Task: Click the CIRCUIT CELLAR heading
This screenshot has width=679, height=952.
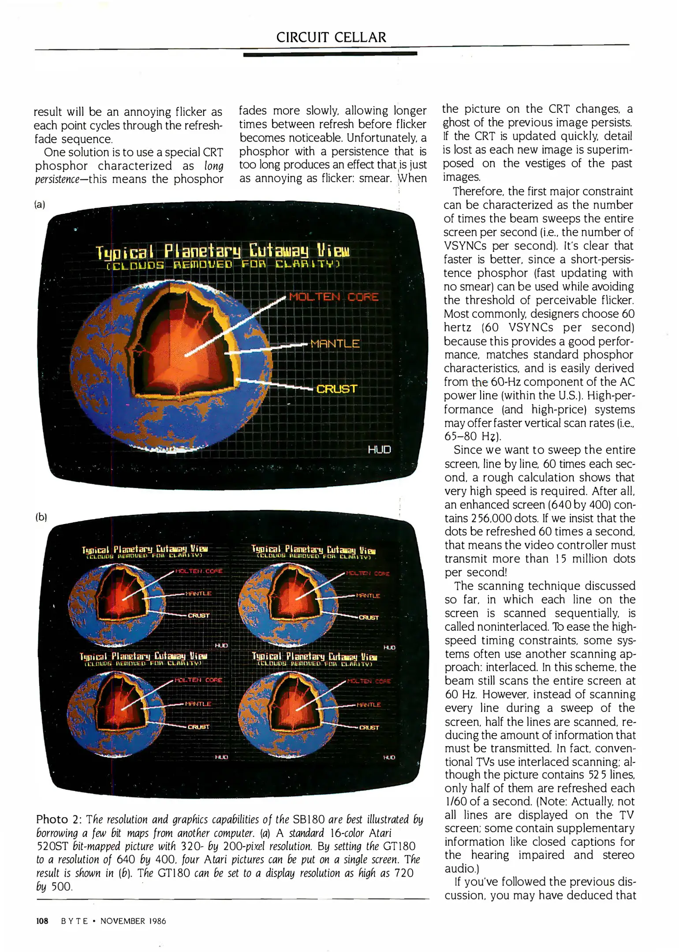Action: coord(331,37)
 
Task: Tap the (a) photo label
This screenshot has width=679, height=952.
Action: coord(40,205)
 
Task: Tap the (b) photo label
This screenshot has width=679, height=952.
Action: coord(41,517)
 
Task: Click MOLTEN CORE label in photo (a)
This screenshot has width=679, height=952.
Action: coord(333,297)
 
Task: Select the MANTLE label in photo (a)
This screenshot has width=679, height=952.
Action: coord(335,344)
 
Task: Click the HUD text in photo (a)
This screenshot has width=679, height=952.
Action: coord(379,450)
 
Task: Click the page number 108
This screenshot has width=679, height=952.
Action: coord(42,921)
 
